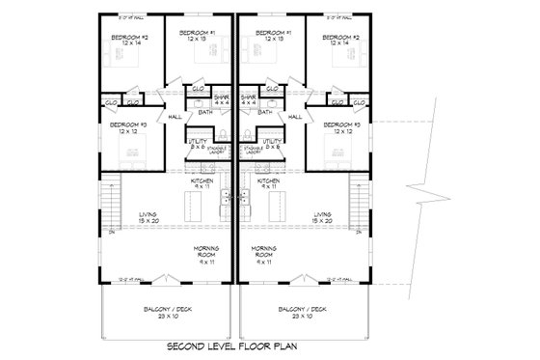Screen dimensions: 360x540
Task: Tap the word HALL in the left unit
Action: tap(175, 117)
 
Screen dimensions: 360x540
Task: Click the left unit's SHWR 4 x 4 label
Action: tap(224, 99)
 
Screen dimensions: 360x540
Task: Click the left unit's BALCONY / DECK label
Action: tap(169, 312)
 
